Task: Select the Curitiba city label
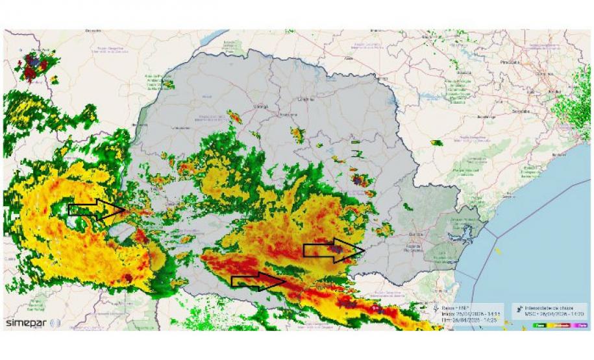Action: [x=416, y=235]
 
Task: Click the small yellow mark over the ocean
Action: [x=497, y=251]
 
